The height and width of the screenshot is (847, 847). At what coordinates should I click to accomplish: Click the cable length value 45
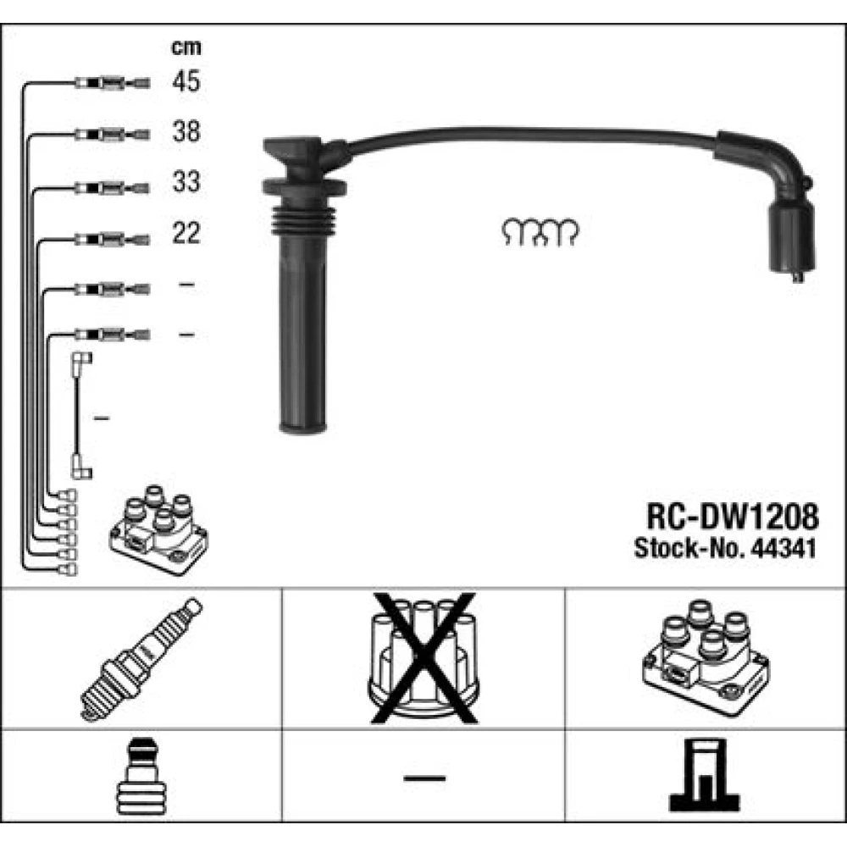click(x=186, y=81)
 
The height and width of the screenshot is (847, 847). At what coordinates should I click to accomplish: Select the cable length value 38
click(x=186, y=131)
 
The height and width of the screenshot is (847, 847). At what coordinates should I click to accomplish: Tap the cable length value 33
click(x=186, y=181)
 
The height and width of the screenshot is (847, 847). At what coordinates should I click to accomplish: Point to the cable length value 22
click(x=186, y=233)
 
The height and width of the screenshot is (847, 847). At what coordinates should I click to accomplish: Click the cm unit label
click(x=186, y=48)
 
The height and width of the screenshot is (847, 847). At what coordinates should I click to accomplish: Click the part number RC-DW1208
click(x=733, y=517)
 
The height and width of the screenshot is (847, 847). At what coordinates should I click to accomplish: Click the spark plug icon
click(x=141, y=659)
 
